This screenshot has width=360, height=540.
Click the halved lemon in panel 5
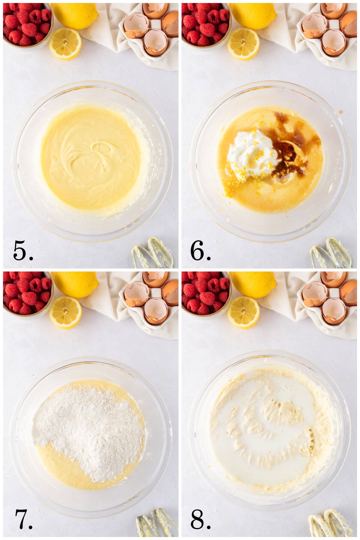pos(65,43)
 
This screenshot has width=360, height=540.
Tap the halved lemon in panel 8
pos(243,312)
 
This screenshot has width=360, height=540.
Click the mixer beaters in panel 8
pos(330,523)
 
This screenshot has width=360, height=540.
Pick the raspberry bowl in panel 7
pos(27,292)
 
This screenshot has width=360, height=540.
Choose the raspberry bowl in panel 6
pos(205,24)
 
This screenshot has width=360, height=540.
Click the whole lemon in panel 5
pos(75,15)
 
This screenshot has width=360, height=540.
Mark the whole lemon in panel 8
pos(253,283)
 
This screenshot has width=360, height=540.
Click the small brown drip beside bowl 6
pos(341,112)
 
